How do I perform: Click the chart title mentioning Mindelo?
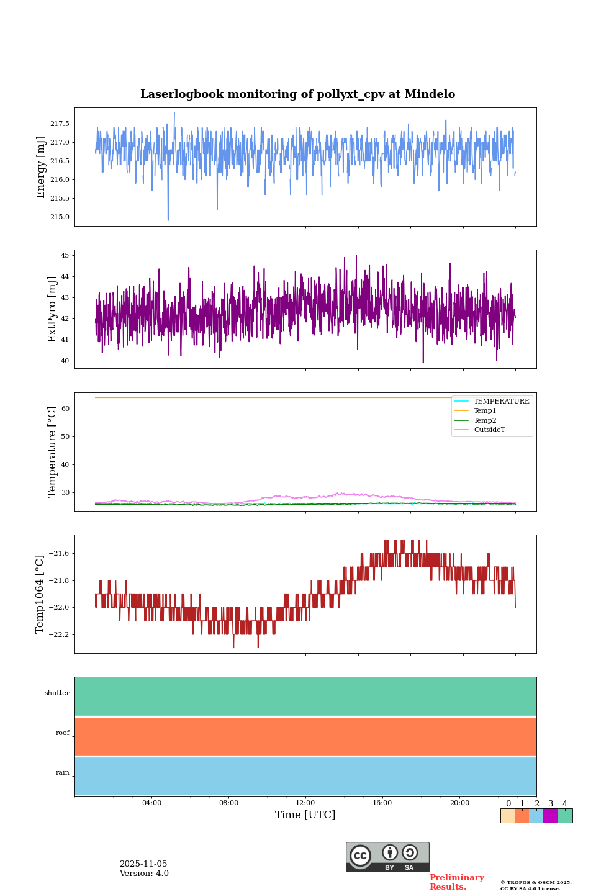tap(297, 94)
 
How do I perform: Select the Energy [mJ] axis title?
tap(41, 167)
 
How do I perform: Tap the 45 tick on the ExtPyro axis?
tap(64, 255)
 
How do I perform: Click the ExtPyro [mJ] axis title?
tap(52, 309)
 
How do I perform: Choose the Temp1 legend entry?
tap(485, 411)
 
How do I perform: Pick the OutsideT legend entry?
tap(489, 430)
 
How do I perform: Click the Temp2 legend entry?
tap(485, 420)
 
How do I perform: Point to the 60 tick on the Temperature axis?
tap(65, 409)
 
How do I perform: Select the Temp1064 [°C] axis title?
tap(40, 594)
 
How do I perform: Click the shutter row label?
tap(57, 693)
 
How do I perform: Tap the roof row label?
tap(63, 733)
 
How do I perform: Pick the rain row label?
tap(63, 773)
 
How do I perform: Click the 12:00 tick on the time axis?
tap(305, 803)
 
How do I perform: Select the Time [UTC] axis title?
tap(305, 815)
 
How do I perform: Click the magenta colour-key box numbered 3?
tap(550, 816)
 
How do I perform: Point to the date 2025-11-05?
tap(143, 864)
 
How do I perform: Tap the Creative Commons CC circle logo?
tap(360, 856)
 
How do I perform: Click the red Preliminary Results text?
tap(456, 882)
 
